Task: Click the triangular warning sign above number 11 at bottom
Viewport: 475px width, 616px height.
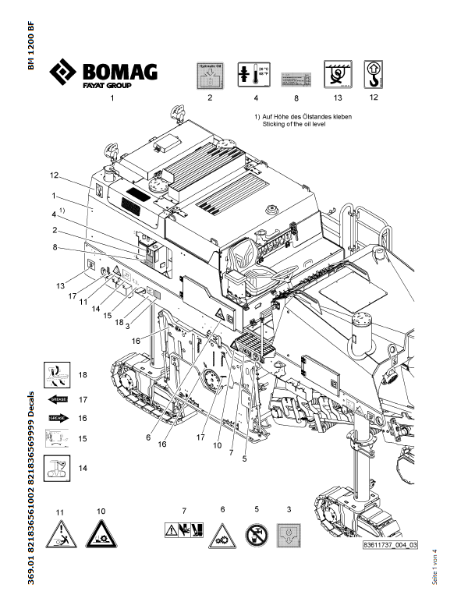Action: (59, 534)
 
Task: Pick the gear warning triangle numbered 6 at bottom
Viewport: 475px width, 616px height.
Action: (221, 536)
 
